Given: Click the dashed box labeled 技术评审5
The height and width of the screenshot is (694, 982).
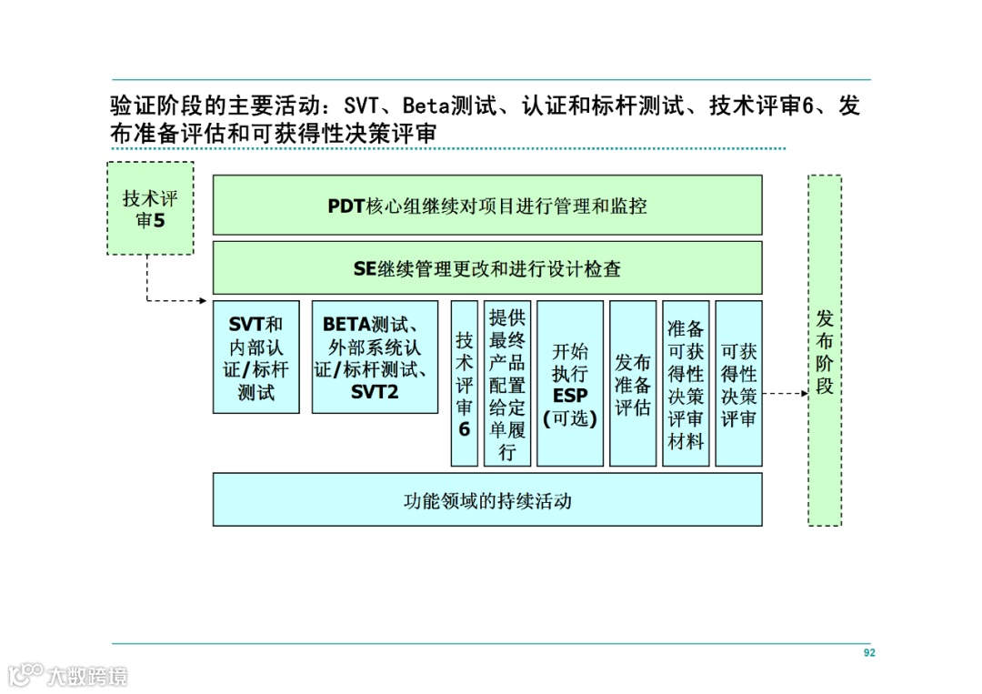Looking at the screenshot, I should click(150, 208).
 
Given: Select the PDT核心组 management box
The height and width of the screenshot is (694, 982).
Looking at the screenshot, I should click(487, 206).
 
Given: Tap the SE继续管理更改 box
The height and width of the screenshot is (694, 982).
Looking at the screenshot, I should click(487, 268).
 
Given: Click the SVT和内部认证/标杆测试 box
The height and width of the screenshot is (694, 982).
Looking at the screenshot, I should click(256, 357).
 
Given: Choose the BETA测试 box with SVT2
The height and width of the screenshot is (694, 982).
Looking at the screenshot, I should click(375, 357).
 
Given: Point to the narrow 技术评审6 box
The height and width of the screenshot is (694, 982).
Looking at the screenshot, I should click(464, 383).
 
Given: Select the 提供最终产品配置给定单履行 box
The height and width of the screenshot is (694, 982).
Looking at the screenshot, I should click(507, 383).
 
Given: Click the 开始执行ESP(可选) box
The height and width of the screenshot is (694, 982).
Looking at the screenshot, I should click(570, 383).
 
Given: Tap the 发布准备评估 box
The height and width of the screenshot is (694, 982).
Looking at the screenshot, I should click(633, 383).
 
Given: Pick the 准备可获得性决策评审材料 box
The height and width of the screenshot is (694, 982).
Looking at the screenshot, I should click(686, 383).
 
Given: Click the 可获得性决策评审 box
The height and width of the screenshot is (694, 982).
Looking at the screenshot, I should click(738, 383).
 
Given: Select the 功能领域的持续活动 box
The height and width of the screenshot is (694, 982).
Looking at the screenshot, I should click(487, 500).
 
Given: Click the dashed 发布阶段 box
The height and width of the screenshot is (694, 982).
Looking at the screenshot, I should click(825, 350).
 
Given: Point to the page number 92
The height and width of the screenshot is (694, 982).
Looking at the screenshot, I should click(869, 653).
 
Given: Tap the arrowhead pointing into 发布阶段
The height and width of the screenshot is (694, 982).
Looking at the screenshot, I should click(803, 394).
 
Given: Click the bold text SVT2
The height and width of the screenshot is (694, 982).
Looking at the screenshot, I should click(375, 393).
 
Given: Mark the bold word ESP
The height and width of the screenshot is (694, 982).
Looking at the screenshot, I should click(570, 397).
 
